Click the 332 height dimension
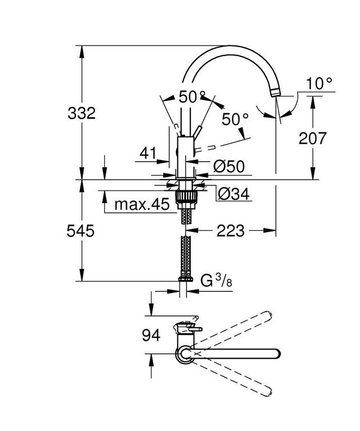point(81,113)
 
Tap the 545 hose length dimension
point(80,231)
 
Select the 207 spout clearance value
point(312,138)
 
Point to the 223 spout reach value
point(230,231)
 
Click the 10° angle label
point(320,83)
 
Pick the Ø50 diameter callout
point(229,166)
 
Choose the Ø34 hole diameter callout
point(234,194)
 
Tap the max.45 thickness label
point(142,204)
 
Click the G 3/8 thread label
point(216,281)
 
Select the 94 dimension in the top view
point(151,336)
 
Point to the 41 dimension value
point(148,153)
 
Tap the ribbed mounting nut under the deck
point(186,196)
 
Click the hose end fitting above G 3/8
point(186,278)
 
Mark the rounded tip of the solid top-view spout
point(278,354)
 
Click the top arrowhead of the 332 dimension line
point(81,52)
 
